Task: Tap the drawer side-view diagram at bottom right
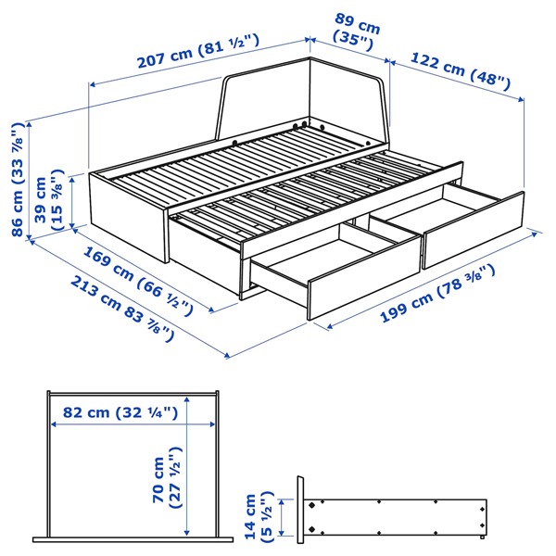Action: (x=394, y=513)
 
